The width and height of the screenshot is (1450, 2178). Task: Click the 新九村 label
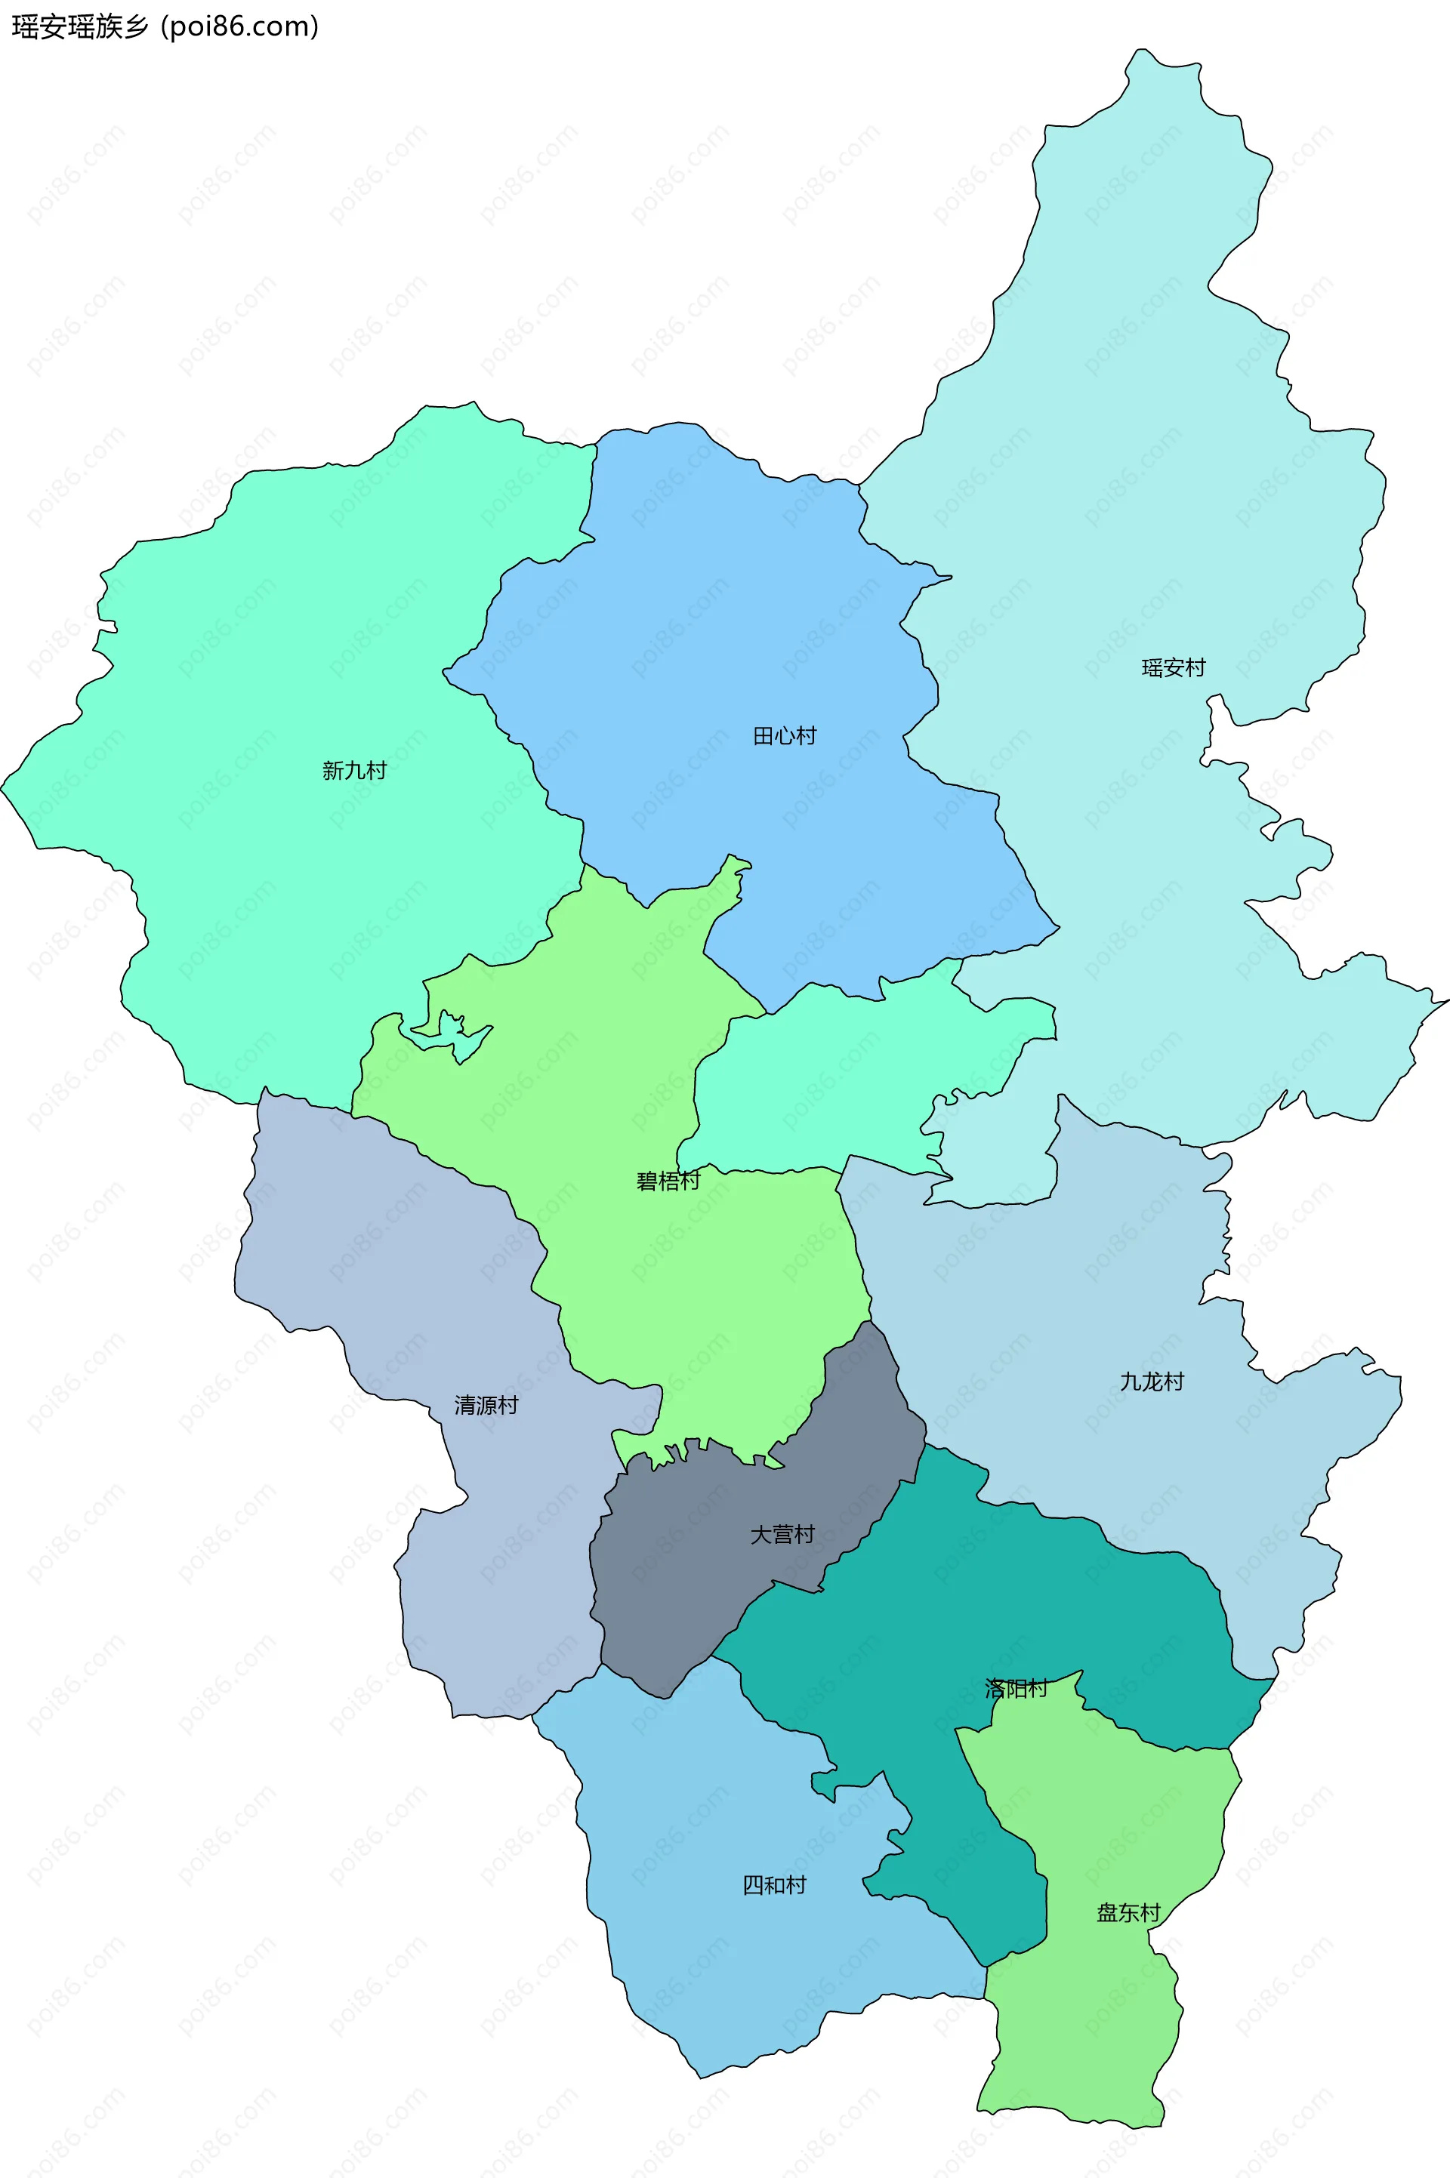pos(354,770)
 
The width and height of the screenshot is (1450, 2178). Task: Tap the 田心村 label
pos(784,736)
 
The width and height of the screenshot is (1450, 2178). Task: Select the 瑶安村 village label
pos(1173,667)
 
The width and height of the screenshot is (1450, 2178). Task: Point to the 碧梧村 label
pos(668,1181)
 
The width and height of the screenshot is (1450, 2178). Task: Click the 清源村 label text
pos(486,1405)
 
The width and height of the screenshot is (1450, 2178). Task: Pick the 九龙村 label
pos(1151,1381)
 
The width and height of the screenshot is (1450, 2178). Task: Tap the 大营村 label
pos(782,1535)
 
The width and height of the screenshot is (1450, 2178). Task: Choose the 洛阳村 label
pos(1015,1688)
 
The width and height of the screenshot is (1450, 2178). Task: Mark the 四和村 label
pos(774,1885)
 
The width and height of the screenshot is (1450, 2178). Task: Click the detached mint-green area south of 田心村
pos(851,1072)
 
